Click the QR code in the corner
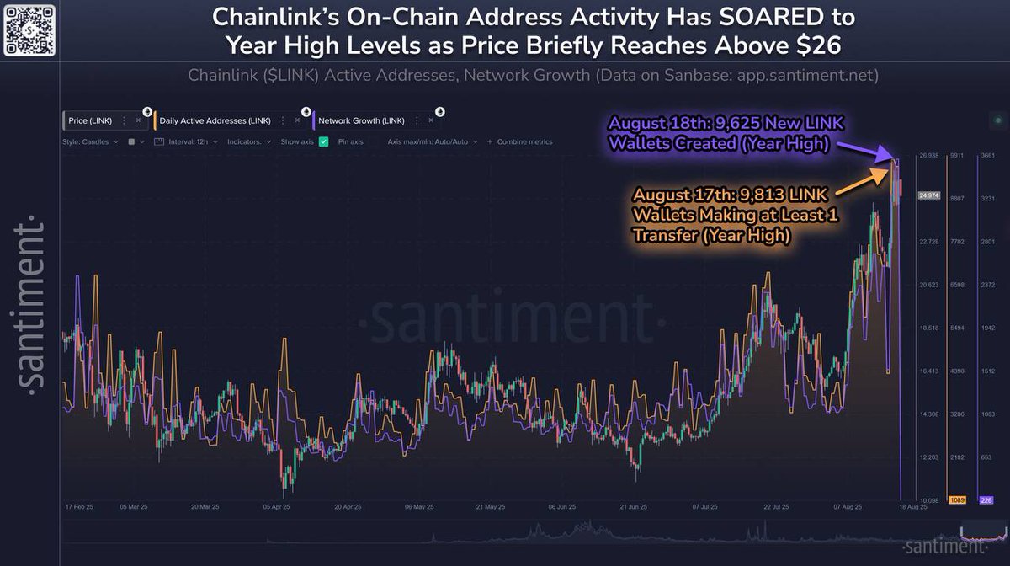pos(30,29)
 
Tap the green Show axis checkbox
pos(323,141)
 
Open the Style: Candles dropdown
pos(87,141)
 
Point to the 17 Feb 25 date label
pos(78,507)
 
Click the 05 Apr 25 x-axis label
pos(276,507)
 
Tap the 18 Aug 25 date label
pos(912,507)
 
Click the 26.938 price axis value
pos(928,156)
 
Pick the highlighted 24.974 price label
pos(928,195)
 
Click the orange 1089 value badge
pos(957,500)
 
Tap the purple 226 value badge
pos(986,500)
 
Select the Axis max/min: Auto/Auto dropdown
pos(428,141)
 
